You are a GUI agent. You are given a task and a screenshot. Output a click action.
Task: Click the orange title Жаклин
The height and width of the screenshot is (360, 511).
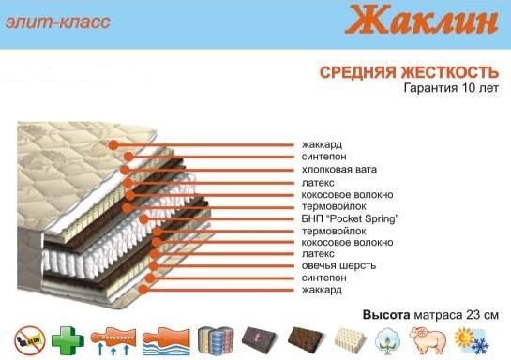point(421,20)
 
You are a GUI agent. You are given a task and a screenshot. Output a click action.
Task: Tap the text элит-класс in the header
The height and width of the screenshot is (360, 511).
point(58,22)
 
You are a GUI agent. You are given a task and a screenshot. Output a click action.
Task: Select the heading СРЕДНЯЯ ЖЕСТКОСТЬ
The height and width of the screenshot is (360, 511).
point(409,72)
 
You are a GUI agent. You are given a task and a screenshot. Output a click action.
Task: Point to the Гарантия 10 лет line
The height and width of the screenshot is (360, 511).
point(451,88)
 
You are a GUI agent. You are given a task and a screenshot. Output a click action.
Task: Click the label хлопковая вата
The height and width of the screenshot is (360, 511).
point(338,170)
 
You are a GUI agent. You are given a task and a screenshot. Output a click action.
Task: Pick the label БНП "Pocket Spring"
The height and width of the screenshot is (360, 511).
point(350,218)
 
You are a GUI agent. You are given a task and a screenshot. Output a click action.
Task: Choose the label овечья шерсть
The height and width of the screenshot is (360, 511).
point(338,265)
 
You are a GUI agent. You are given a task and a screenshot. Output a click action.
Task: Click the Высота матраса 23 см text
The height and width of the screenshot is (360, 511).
point(430,315)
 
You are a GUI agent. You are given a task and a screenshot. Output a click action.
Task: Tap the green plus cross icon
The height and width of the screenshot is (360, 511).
point(68,340)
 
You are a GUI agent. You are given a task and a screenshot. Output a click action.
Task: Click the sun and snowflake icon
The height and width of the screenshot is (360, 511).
point(472,341)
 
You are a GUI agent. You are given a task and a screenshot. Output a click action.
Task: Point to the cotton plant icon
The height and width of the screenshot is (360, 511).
point(388,341)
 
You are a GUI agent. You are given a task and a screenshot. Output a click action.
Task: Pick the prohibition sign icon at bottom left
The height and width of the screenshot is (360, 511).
point(30,340)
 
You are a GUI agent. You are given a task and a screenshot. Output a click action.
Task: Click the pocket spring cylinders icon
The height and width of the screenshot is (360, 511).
point(216,340)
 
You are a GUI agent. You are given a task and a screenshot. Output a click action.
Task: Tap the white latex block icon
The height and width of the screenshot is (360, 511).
point(350,339)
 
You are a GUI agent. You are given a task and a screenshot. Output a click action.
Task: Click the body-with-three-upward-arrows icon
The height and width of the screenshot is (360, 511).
point(113,341)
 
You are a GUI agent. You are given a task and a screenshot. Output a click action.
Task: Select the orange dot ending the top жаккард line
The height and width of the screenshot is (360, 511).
point(113,145)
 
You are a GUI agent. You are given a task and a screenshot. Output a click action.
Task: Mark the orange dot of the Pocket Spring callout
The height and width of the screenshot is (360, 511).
point(143,219)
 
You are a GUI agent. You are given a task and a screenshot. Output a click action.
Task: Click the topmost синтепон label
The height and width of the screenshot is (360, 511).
point(323,157)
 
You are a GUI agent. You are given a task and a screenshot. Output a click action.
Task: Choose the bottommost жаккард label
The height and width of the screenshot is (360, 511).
point(322,290)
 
